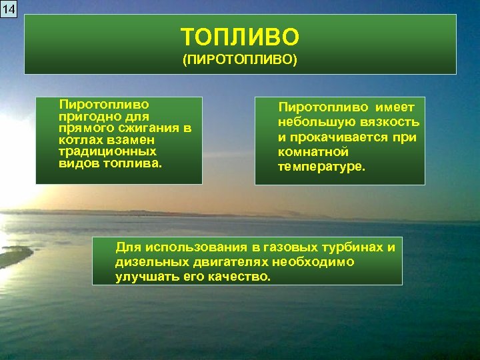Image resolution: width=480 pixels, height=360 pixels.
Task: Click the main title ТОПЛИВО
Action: coord(240,36)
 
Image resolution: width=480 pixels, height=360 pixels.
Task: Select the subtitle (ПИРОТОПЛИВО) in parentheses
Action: coord(240,60)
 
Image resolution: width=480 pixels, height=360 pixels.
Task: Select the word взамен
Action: coord(131,140)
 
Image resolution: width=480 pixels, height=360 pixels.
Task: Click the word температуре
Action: coord(321,167)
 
